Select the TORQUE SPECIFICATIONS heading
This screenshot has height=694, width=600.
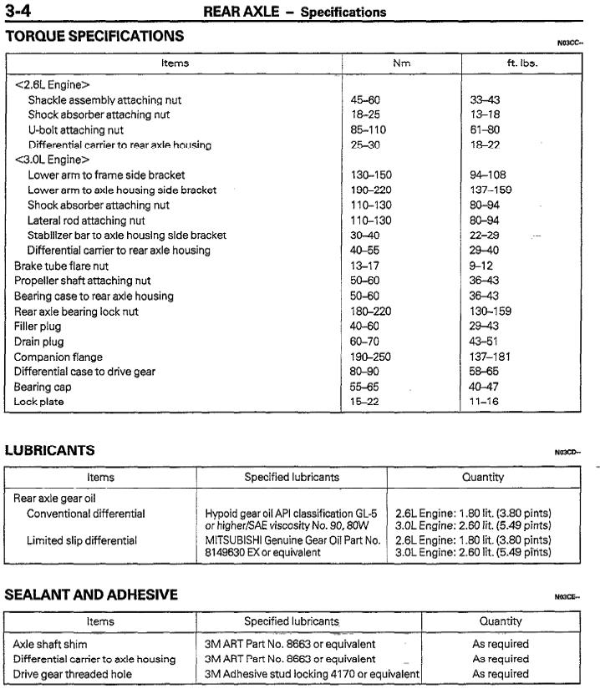[94, 36]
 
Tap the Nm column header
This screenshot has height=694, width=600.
[401, 63]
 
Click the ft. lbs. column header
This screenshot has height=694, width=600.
[522, 63]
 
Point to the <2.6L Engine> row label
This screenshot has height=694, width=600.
[52, 84]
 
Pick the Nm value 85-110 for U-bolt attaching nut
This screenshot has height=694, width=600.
[369, 130]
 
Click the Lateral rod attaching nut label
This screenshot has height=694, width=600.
[86, 220]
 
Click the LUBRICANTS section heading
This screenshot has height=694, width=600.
[50, 450]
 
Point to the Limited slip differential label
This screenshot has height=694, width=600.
[82, 540]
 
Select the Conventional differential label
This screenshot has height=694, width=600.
[86, 514]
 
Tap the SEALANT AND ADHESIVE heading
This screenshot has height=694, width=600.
[91, 595]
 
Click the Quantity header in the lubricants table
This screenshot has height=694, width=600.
[483, 478]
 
